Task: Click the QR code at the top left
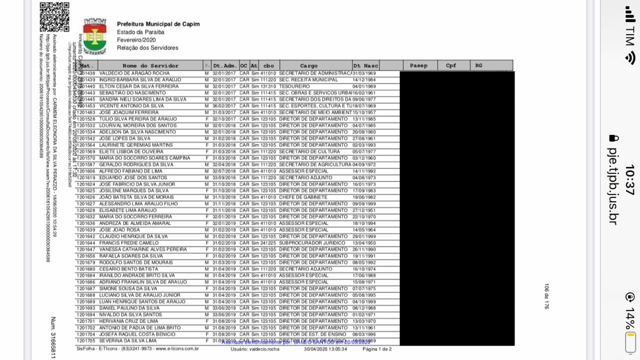tap(54, 17)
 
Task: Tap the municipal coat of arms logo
tap(94, 36)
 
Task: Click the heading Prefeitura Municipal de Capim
tap(158, 24)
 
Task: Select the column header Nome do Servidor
tap(150, 65)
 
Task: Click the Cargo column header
tap(308, 65)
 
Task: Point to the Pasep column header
tap(418, 65)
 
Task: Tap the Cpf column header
tap(451, 65)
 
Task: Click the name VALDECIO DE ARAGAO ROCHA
tap(134, 73)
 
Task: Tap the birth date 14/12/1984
tap(364, 80)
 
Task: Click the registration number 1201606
tap(85, 171)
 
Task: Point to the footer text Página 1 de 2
tap(377, 349)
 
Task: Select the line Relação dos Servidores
tap(147, 48)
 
